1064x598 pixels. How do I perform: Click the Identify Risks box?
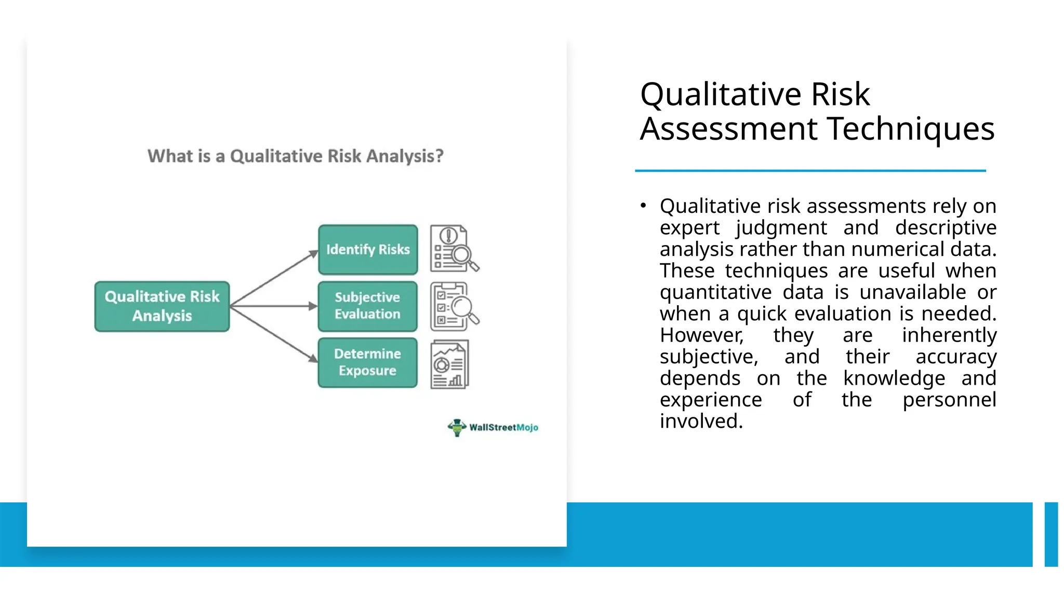click(368, 250)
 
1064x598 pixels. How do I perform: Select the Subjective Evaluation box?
click(368, 306)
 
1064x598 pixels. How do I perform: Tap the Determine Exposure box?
click(368, 362)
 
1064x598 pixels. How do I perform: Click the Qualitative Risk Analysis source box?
click(162, 306)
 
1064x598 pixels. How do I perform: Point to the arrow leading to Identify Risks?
click(274, 278)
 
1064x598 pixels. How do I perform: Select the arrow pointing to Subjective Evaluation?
click(274, 306)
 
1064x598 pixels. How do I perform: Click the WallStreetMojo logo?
click(493, 427)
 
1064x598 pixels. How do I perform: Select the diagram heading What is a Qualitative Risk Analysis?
click(296, 156)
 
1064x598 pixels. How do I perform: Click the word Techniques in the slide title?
click(911, 129)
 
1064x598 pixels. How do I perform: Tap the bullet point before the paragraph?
click(643, 206)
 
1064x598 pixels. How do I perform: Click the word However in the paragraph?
click(701, 335)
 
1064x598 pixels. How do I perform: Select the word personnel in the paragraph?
click(949, 400)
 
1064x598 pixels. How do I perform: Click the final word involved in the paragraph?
click(701, 421)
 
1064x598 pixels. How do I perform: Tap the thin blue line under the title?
click(810, 170)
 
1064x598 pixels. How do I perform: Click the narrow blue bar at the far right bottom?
click(1051, 534)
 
